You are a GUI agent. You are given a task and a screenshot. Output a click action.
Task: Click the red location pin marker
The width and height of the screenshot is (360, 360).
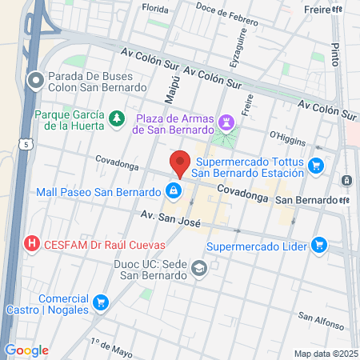(179, 162)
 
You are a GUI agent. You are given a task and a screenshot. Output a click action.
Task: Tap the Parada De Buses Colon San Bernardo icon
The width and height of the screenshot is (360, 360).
(35, 80)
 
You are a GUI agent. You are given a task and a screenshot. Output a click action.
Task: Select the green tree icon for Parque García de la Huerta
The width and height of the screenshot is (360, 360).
(118, 118)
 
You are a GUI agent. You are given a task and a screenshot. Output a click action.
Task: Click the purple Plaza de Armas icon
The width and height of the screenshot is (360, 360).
(227, 122)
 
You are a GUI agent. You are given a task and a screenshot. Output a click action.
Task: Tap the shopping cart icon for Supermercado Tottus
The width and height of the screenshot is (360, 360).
(317, 166)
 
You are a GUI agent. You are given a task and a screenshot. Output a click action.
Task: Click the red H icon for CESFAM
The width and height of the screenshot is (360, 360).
(32, 242)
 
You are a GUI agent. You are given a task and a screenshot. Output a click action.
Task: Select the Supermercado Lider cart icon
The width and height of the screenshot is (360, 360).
(319, 244)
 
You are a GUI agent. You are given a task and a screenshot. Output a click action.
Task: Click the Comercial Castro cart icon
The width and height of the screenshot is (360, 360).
(101, 302)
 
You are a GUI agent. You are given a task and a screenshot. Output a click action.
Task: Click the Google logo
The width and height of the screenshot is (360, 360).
(26, 350)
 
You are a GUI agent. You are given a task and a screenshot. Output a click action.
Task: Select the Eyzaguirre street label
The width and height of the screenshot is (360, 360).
(238, 48)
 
